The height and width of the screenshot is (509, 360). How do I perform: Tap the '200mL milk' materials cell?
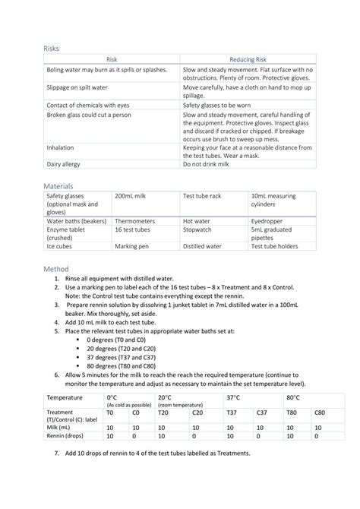[130, 197]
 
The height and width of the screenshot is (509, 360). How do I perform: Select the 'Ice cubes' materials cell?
[60, 246]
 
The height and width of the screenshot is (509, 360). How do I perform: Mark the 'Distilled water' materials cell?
[202, 246]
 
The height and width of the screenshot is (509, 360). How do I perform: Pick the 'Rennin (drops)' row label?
[67, 436]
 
